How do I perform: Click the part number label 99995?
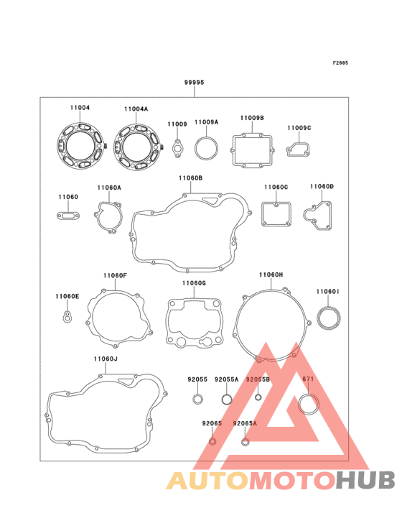coord(194,82)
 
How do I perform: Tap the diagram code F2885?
coord(340,63)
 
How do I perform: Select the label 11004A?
coord(136,109)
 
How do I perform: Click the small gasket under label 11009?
coord(177,148)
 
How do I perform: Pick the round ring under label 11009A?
coord(195,148)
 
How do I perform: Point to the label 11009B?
coord(252,118)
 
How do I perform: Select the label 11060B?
coord(191,177)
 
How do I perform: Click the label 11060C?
coord(276,187)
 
